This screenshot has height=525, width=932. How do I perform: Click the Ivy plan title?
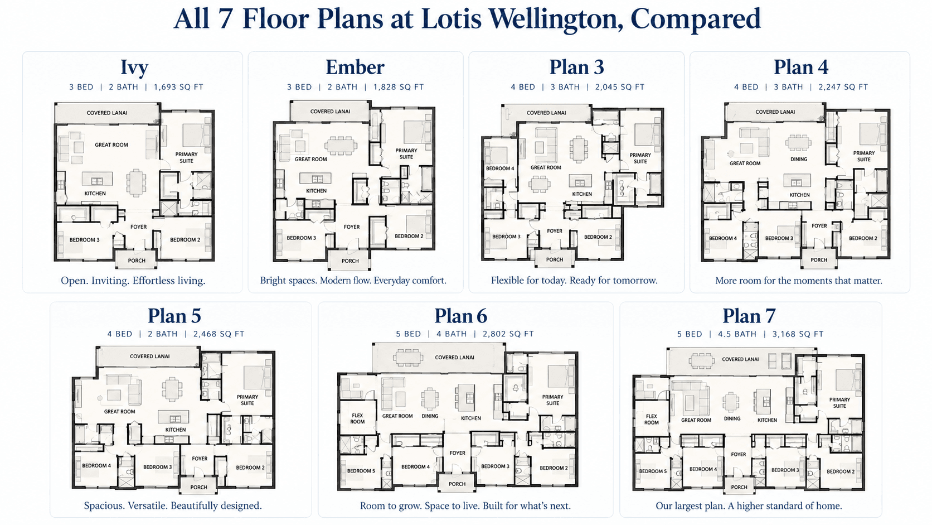coord(134,68)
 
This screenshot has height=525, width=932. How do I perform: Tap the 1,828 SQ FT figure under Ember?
coord(398,87)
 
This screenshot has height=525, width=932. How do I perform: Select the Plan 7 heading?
coord(749,316)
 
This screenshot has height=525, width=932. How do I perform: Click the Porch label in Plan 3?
coord(554,259)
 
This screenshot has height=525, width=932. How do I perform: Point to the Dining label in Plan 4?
coord(798,159)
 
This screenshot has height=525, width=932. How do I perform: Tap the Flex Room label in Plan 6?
coord(357,418)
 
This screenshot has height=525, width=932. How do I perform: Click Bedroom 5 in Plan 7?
coord(652,471)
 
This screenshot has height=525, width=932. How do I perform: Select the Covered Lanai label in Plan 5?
coord(149,357)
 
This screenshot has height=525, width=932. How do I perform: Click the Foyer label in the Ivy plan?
coord(138,227)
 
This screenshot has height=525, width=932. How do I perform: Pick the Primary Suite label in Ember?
coord(406,153)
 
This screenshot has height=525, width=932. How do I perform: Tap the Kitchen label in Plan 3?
coord(582,194)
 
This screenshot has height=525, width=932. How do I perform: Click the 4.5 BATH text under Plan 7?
coord(737,334)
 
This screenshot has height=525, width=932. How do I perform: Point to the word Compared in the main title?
coord(695,19)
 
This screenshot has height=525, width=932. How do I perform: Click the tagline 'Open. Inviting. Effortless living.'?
coord(133,281)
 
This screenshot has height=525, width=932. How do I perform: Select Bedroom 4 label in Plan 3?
coord(499,168)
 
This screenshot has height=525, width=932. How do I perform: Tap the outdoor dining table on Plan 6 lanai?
coord(408,357)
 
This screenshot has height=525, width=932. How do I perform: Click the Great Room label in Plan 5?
coord(119,411)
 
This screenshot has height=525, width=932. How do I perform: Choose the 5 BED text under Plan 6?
coord(408,334)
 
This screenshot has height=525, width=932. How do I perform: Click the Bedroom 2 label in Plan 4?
coord(863,238)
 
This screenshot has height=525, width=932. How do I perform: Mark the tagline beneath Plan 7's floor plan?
coord(749,506)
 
